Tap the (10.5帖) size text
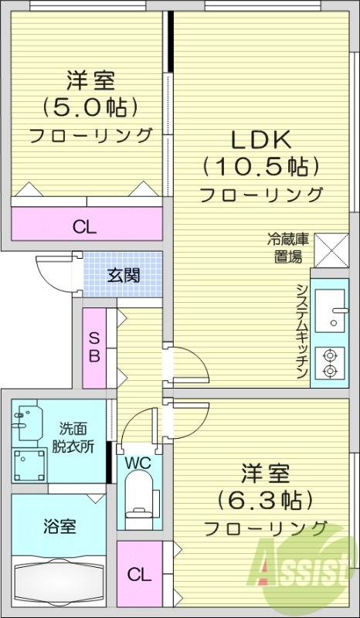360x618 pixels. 261,166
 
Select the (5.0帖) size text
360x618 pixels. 90,106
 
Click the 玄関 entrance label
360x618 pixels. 123,274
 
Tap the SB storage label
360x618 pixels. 93,348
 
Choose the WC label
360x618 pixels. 138,463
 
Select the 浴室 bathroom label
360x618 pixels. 59,528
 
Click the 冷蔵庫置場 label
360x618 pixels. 285,249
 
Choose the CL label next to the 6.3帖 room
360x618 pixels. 139,576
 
